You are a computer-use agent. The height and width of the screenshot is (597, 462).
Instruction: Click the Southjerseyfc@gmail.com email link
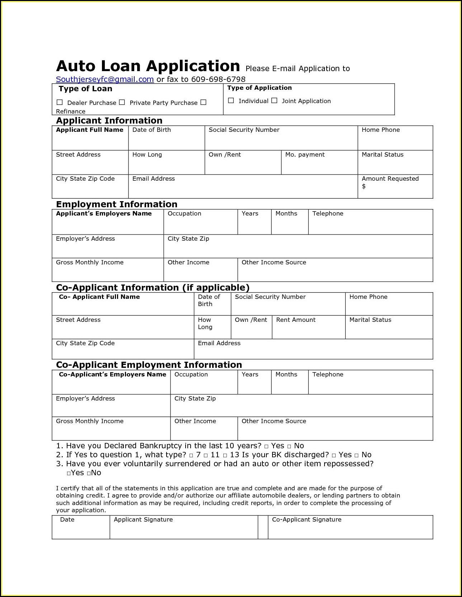tap(105, 79)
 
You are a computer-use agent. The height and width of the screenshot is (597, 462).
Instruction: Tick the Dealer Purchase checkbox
tap(60, 102)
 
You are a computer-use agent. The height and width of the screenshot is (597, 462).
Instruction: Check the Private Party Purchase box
tap(122, 102)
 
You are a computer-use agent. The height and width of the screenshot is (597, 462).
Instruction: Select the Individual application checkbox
tap(231, 101)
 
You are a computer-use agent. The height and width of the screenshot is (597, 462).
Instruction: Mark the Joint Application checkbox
tap(274, 101)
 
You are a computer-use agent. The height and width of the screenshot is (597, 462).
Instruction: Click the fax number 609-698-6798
tap(218, 79)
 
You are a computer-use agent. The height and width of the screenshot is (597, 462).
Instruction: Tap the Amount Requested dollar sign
tap(364, 186)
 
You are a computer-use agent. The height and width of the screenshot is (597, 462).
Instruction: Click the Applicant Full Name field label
tap(89, 130)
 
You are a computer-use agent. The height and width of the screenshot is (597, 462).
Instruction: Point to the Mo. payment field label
tap(305, 154)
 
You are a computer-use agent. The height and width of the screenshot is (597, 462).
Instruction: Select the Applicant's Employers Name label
tap(104, 213)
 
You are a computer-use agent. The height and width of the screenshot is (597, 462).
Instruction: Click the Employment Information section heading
tap(117, 204)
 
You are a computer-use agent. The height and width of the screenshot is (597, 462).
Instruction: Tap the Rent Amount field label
tap(296, 320)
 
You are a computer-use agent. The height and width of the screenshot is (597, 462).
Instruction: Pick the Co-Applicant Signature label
tap(307, 519)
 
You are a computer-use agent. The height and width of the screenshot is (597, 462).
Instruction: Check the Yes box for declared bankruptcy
tap(266, 446)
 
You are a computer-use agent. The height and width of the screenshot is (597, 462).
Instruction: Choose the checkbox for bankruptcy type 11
tap(206, 455)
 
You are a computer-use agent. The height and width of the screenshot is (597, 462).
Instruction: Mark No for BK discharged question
tap(356, 455)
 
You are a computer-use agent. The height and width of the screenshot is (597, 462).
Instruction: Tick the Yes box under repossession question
tap(69, 473)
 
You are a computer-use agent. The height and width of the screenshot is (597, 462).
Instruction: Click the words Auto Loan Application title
tap(148, 66)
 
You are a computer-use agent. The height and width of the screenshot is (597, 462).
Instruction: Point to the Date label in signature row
tap(67, 519)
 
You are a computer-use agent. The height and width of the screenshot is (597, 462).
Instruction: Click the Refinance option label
tap(71, 111)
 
